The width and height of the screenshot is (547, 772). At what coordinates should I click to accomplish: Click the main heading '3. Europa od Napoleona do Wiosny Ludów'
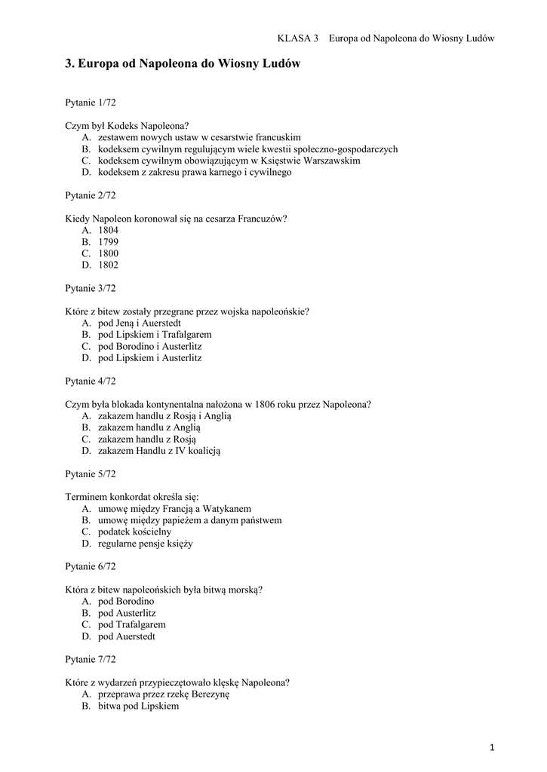183,65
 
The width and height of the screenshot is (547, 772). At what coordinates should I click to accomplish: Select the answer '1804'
108,230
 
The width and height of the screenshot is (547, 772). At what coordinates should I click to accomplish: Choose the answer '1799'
108,242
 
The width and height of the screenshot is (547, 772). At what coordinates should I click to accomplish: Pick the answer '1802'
108,265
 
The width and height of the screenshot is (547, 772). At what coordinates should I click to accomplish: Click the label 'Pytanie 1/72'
91,102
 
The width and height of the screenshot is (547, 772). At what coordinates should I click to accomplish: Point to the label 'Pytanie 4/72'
91,381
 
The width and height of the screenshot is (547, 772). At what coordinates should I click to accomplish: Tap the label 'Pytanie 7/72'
91,660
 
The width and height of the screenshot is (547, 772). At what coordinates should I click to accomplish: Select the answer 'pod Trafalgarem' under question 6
131,625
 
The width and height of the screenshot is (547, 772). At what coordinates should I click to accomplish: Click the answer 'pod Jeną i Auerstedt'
140,323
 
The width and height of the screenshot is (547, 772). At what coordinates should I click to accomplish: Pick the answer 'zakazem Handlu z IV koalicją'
159,451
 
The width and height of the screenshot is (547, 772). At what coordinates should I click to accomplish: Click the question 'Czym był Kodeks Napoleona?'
127,125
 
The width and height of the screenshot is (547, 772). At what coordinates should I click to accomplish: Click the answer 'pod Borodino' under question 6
125,602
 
